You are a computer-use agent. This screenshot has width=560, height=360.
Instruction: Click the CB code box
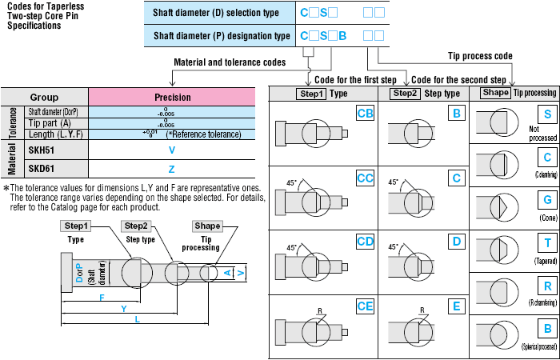click(365, 114)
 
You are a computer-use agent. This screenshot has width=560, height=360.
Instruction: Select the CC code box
click(365, 177)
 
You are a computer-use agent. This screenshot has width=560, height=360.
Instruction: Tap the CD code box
click(365, 239)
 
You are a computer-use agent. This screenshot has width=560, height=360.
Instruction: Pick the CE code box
click(365, 304)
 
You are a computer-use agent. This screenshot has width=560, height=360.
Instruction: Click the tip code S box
click(547, 114)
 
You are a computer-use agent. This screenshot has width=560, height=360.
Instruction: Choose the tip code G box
click(547, 198)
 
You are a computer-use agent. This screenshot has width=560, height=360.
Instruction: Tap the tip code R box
click(547, 286)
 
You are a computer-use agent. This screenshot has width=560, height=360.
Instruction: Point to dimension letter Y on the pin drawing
click(122, 307)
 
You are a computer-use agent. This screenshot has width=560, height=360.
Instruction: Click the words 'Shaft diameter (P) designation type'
click(222, 35)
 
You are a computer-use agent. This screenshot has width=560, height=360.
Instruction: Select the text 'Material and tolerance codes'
click(229, 62)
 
